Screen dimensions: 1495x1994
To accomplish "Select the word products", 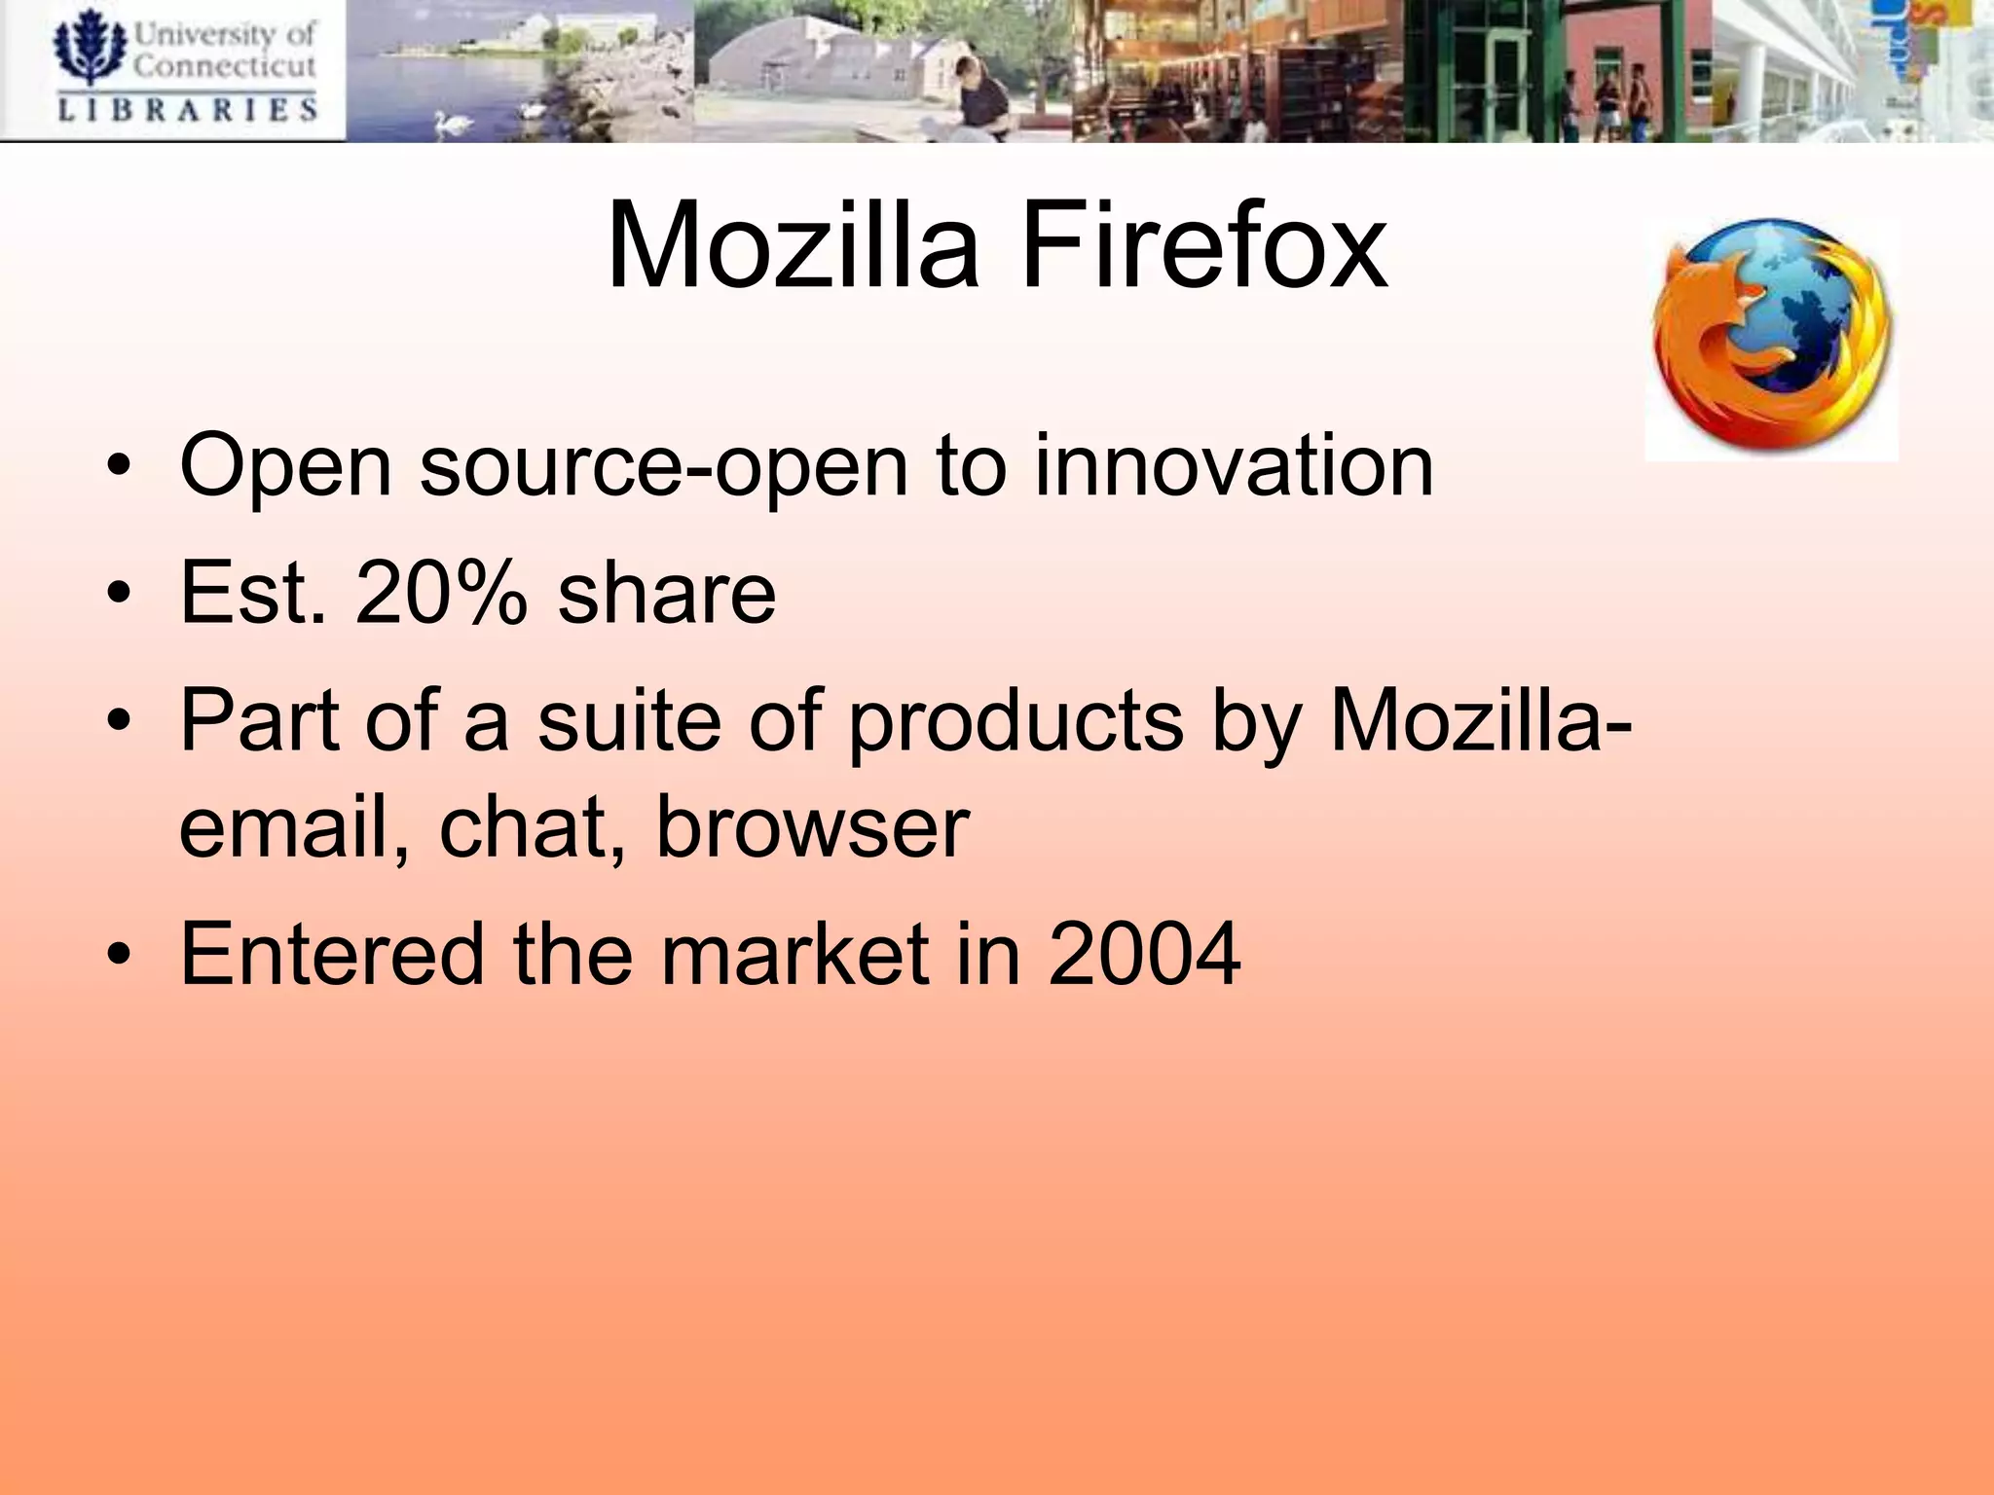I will pos(1015,722).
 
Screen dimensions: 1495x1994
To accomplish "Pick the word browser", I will pos(813,829).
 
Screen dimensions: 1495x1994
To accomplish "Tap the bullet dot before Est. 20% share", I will pos(119,595).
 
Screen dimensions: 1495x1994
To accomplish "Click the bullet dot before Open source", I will pos(119,468).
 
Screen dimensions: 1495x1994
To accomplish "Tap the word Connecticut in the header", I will pos(224,65).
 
